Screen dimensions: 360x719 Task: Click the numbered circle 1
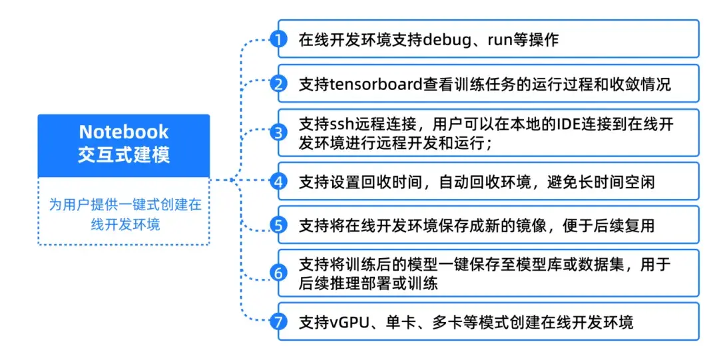coord(278,39)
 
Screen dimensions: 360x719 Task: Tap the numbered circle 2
coord(278,84)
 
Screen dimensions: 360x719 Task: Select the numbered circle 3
coord(278,132)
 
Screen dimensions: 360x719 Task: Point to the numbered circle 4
coord(278,180)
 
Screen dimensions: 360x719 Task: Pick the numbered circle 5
coord(278,225)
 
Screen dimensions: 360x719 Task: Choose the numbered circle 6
coord(278,273)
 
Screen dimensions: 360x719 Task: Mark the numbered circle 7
coord(278,322)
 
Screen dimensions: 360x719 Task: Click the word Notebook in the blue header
coord(124,131)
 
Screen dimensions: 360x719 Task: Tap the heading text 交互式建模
coord(124,155)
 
